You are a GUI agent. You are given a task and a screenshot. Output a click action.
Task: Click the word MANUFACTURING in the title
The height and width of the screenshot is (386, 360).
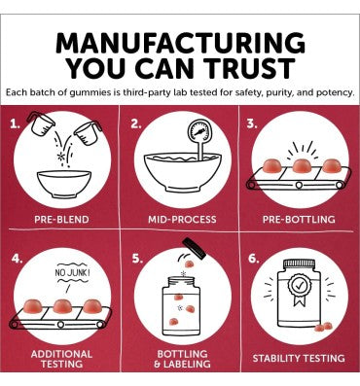coord(180,43)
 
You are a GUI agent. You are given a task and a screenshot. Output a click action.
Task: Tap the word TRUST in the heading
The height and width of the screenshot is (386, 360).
coord(251,68)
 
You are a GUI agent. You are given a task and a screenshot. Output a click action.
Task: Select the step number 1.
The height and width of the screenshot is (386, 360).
coord(14,124)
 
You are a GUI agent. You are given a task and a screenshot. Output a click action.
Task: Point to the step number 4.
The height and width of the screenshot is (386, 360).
coord(17,258)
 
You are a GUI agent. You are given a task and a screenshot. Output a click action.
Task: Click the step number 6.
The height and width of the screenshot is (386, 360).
coord(254,259)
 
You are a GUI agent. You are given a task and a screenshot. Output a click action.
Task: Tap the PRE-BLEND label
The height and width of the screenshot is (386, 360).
coord(61,220)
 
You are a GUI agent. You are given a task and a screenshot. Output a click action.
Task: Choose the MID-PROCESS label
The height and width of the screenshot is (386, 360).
coord(182,220)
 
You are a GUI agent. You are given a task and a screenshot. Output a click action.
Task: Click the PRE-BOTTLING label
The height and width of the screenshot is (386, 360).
coord(299,220)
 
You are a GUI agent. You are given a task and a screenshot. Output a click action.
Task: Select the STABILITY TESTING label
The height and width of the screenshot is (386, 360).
coord(299,358)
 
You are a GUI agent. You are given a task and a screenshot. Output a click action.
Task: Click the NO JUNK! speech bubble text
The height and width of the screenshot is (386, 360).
coord(72,273)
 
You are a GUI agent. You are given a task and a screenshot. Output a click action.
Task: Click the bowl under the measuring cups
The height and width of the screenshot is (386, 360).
coord(64,184)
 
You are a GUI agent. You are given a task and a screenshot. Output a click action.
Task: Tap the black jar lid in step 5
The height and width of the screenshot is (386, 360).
coord(195,249)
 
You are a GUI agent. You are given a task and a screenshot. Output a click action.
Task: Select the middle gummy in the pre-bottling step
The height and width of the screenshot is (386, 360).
coord(302,166)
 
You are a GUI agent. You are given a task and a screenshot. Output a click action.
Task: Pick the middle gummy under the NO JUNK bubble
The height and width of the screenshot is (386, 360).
coord(62,306)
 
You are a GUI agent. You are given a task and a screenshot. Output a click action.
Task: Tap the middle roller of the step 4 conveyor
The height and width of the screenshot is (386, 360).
coord(60,324)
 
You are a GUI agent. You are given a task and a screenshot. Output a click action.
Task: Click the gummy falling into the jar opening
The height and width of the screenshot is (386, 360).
coord(189,264)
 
